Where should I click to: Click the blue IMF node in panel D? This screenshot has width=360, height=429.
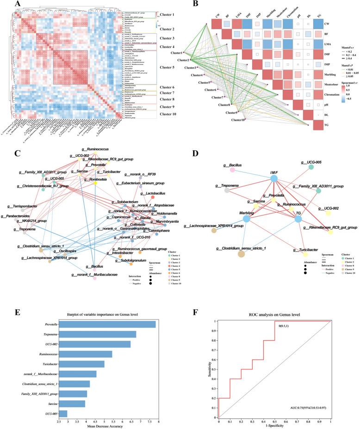pyautogui.click(x=274, y=178)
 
